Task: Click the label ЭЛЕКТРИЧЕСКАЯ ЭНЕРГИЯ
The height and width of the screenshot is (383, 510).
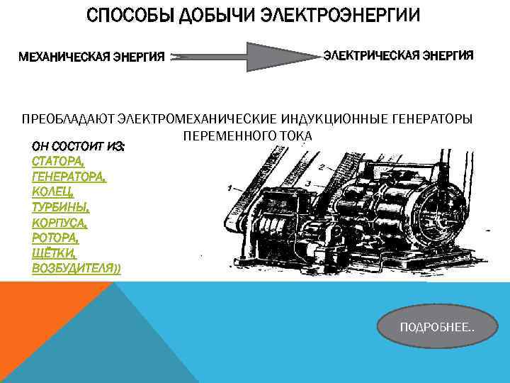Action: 399,55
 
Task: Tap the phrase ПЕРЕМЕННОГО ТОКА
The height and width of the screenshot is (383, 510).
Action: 247,135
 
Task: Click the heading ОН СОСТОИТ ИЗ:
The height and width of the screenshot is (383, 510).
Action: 79,145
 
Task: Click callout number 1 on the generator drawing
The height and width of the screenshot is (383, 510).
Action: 229,189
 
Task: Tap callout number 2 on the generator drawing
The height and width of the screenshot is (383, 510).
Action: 322,167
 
